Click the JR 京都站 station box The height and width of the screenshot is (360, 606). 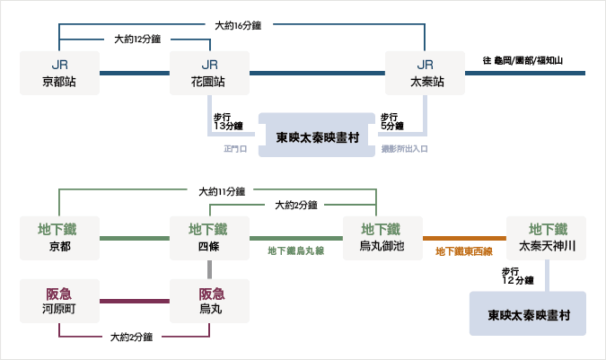pos(59,73)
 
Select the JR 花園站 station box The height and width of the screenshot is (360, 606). pos(209,73)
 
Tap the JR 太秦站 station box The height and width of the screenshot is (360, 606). pos(425,73)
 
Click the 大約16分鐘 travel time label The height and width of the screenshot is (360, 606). pos(238,25)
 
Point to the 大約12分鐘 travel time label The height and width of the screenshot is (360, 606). pos(137,39)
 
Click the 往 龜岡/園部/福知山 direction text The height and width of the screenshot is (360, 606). pos(523,61)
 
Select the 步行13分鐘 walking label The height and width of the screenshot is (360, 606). pos(228,121)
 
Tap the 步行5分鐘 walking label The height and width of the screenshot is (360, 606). pos(392,121)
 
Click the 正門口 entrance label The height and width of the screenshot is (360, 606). pos(235,149)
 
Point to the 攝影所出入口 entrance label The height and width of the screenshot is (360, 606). pos(404,149)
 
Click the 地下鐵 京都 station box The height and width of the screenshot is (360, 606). pos(59,238)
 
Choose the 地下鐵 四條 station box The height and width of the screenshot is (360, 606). pos(209,238)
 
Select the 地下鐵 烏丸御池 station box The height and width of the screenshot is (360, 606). pos(382,238)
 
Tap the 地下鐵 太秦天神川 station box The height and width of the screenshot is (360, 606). pos(546,238)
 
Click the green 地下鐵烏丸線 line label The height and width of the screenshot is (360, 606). pos(296,251)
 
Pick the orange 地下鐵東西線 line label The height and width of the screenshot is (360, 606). pos(464,252)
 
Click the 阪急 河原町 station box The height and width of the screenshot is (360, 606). pos(59,301)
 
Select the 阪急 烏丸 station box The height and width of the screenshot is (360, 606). pos(209,301)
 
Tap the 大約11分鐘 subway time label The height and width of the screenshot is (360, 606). pos(222,191)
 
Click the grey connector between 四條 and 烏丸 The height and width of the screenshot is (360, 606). pos(209,269)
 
